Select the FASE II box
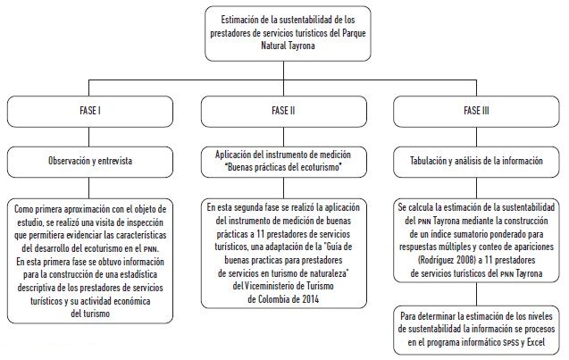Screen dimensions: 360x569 284,111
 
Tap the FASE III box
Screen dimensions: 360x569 474,111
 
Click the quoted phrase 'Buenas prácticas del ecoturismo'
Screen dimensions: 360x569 284,167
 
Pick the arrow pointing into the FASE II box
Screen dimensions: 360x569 284,88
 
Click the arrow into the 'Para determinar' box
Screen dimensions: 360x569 474,295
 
